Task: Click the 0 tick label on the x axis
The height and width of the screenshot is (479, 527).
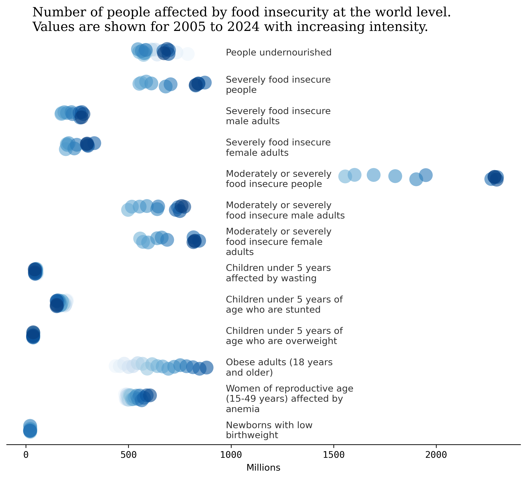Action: pyautogui.click(x=26, y=455)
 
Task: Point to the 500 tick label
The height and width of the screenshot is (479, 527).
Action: pyautogui.click(x=128, y=455)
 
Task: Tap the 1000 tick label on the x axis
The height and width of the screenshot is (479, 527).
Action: pyautogui.click(x=231, y=455)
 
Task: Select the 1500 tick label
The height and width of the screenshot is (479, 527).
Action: pyautogui.click(x=334, y=455)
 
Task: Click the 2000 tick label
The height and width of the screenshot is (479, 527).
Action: pyautogui.click(x=436, y=455)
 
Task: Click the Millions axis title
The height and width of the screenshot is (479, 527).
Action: pyautogui.click(x=263, y=468)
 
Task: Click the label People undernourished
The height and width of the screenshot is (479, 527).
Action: pyautogui.click(x=278, y=53)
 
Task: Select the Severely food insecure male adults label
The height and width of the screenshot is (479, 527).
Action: pyautogui.click(x=278, y=116)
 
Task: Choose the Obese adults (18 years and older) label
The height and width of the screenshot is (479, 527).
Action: pyautogui.click(x=279, y=367)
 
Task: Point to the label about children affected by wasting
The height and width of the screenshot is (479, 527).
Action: pyautogui.click(x=278, y=273)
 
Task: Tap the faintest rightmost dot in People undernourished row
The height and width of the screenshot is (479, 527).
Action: pyautogui.click(x=188, y=54)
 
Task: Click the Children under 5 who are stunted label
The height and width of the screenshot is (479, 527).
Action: pyautogui.click(x=284, y=304)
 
